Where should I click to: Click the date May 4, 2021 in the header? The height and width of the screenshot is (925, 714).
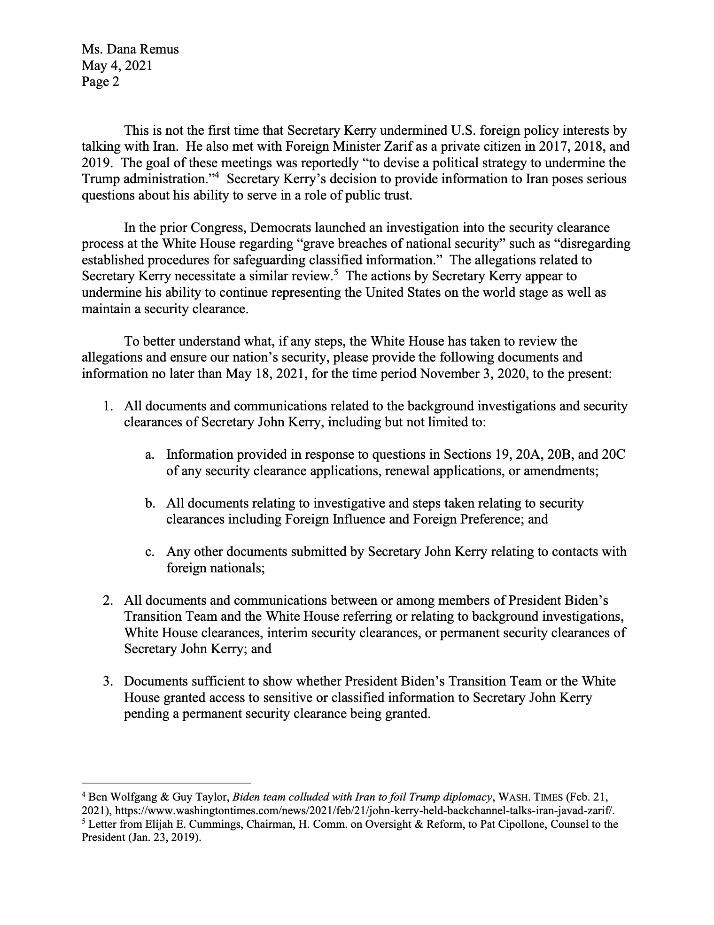coord(117,65)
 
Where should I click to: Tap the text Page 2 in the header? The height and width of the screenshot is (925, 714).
coord(100,82)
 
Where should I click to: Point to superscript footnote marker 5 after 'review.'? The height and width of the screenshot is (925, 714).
coord(336,272)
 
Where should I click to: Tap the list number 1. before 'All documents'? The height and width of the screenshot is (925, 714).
coord(109,406)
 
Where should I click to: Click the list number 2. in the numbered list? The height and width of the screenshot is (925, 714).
coord(109,601)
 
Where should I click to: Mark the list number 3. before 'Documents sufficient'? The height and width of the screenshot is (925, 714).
coord(109,682)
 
